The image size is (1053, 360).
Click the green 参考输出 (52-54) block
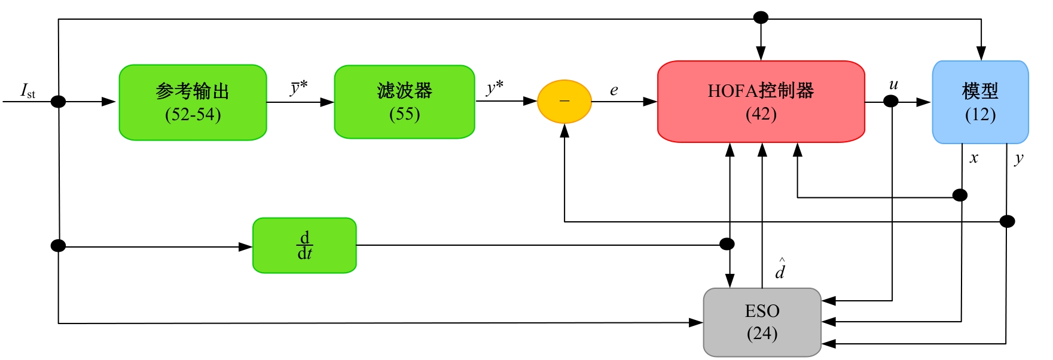[x=193, y=102]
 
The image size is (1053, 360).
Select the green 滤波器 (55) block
[x=404, y=102]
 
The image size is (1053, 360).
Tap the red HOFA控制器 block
[x=761, y=101]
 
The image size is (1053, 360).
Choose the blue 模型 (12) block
[x=980, y=102]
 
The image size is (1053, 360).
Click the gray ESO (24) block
[x=762, y=322]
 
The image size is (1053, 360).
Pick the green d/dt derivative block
[x=304, y=245]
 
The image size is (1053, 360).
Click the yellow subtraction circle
[x=564, y=102]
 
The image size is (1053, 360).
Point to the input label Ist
[x=28, y=91]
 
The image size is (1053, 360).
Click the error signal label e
[x=614, y=90]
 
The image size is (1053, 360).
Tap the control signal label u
[x=893, y=85]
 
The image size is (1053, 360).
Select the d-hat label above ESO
[x=780, y=270]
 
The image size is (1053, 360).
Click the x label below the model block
[x=974, y=158]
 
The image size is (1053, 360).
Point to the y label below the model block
[x=1019, y=158]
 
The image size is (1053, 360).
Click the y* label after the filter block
[x=494, y=88]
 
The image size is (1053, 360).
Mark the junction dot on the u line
[x=891, y=102]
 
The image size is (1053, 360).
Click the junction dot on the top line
[x=761, y=18]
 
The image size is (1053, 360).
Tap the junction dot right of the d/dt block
[x=727, y=244]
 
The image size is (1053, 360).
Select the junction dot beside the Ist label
[x=58, y=102]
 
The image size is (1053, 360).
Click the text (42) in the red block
[x=761, y=114]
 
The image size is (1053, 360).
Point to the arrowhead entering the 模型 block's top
[x=981, y=54]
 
